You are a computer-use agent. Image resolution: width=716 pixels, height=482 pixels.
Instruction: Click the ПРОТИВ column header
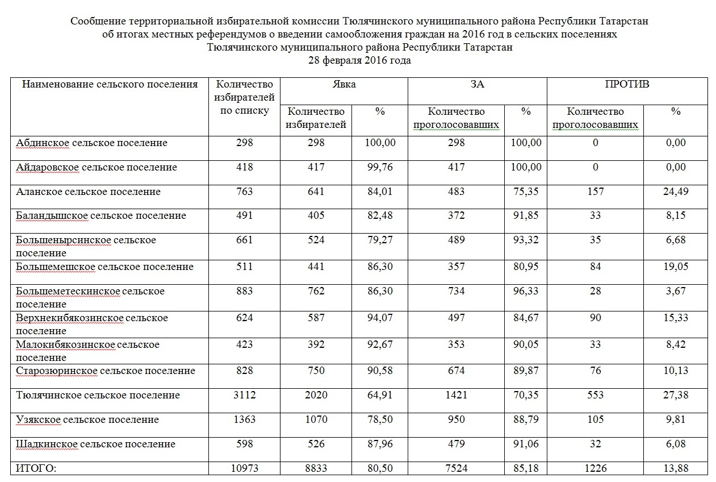(627, 85)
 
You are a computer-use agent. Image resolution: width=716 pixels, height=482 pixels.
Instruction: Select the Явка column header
(344, 85)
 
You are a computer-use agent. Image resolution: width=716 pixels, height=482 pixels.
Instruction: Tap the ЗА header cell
(477, 85)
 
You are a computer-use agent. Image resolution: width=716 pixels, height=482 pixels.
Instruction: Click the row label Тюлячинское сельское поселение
(98, 395)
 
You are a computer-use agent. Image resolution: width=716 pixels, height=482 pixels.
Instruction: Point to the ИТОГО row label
(35, 468)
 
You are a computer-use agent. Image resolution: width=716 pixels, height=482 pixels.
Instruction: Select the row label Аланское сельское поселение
(88, 192)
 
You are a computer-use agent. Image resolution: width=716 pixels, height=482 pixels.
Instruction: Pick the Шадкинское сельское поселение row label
(95, 444)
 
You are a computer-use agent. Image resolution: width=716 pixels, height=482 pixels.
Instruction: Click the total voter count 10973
(244, 468)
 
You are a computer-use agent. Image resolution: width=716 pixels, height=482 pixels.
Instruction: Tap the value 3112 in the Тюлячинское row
(244, 395)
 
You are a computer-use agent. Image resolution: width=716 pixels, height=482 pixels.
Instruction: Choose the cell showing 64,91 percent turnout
(380, 395)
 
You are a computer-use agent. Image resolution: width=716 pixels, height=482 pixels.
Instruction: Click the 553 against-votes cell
(595, 395)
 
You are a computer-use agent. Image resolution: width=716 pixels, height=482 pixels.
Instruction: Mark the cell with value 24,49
(676, 192)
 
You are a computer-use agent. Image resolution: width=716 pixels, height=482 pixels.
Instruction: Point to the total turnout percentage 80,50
(380, 468)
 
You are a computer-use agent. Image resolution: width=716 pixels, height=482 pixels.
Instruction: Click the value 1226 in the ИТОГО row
(595, 468)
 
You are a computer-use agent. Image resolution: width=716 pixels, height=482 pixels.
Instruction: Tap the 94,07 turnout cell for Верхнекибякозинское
(380, 318)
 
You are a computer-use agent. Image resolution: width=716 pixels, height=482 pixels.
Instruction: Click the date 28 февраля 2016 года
(359, 60)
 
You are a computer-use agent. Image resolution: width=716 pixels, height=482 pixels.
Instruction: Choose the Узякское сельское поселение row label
(87, 419)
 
